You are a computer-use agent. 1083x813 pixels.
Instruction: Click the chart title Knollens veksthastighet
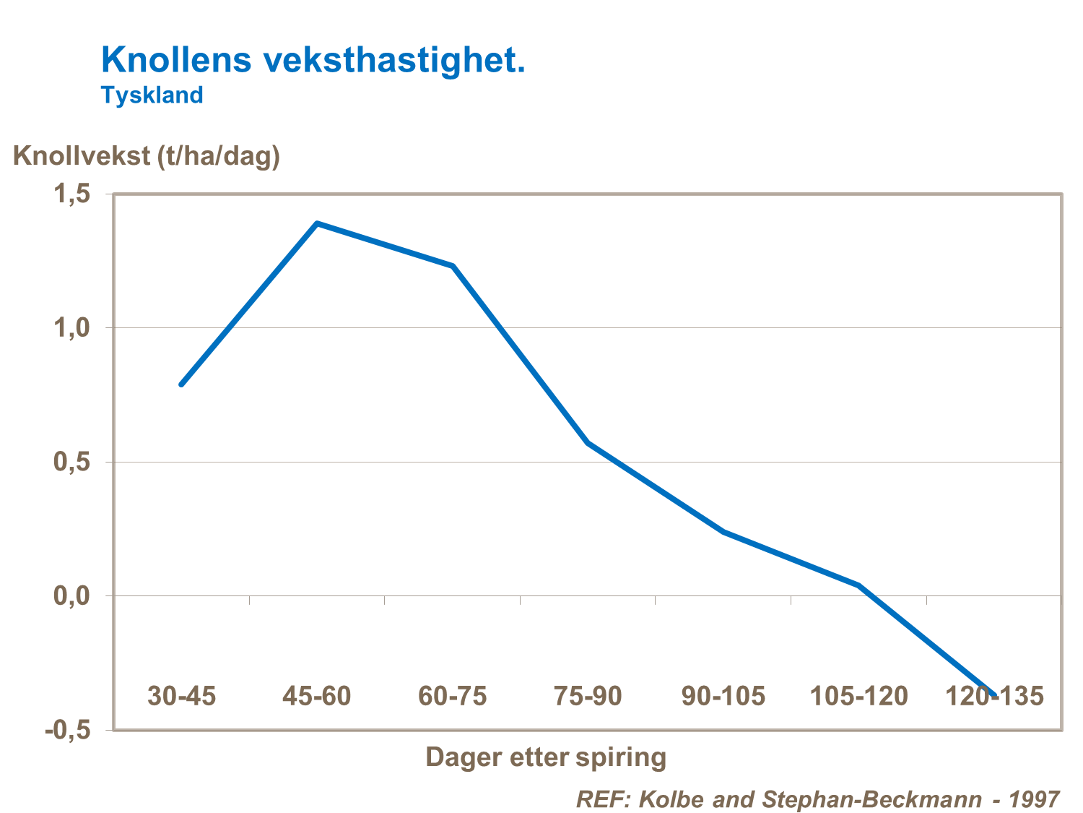[x=313, y=60]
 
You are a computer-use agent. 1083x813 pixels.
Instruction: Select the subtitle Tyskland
[x=152, y=95]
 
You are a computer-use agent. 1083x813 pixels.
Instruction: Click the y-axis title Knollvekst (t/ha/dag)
[x=147, y=155]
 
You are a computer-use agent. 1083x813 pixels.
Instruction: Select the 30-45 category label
[x=181, y=696]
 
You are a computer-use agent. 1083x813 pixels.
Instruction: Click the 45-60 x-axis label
[x=316, y=696]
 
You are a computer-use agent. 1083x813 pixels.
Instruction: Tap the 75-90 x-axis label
[x=587, y=696]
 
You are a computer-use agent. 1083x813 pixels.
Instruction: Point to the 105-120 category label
[x=858, y=696]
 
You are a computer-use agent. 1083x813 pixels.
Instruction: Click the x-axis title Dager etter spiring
[x=545, y=757]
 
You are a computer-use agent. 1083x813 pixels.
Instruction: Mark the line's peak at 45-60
[x=317, y=223]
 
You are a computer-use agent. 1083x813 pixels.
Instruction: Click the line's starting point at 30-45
[x=181, y=384]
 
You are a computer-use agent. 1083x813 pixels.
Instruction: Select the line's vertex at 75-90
[x=588, y=442]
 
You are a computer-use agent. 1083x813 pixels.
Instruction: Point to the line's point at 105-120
[x=859, y=585]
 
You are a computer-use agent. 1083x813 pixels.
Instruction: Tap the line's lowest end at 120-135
[x=994, y=695]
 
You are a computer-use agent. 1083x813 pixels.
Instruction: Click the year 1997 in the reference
[x=1034, y=799]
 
